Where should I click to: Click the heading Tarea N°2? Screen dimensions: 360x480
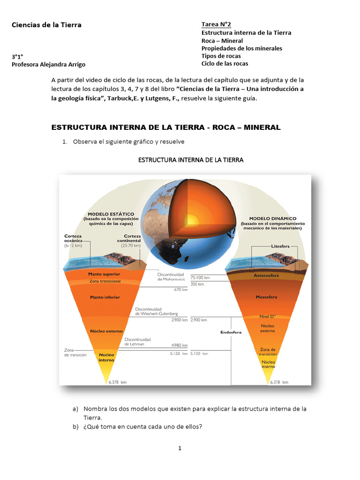tap(216, 24)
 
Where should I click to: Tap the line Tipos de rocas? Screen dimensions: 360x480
tap(221, 56)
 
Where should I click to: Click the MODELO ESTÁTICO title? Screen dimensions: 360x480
tap(111, 214)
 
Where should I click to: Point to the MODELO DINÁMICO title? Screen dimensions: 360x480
tap(272, 218)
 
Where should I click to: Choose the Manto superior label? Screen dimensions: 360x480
tap(104, 274)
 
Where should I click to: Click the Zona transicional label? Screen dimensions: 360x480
tap(105, 281)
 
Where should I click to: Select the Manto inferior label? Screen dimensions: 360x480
tap(105, 297)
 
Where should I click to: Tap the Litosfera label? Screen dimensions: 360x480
tap(281, 246)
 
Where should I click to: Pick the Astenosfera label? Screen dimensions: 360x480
tap(266, 276)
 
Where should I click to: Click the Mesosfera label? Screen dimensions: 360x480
tap(266, 297)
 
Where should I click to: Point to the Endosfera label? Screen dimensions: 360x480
tap(231, 332)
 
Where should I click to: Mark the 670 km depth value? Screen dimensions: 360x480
tap(180, 290)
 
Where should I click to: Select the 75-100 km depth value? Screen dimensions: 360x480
tap(200, 277)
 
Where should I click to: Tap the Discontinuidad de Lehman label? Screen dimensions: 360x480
tap(137, 341)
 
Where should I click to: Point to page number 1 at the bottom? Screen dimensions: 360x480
tap(180, 448)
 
